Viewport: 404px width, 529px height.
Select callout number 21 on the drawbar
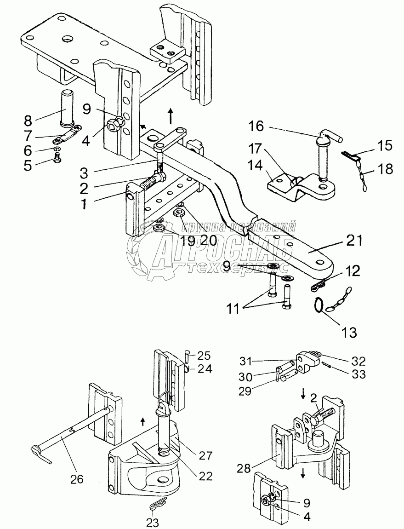354,241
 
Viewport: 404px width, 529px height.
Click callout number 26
76,479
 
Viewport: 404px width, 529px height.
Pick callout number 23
153,523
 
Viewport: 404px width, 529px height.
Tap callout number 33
358,374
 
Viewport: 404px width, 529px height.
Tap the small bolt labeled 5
57,158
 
